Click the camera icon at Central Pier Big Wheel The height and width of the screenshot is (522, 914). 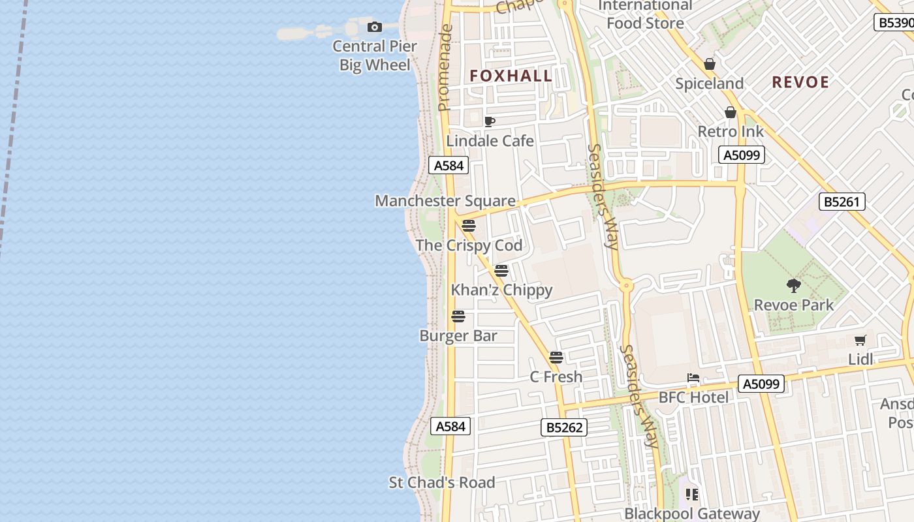tap(375, 27)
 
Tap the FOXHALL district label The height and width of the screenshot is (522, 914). tap(511, 76)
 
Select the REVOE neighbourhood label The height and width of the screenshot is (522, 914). tap(800, 82)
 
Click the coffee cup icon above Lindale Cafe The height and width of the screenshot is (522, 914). tap(489, 121)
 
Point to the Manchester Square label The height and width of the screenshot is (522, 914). tap(445, 201)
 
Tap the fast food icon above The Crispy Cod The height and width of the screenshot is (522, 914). tap(468, 226)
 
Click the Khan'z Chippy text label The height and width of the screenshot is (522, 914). tap(501, 290)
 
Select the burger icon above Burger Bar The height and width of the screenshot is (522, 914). tap(458, 316)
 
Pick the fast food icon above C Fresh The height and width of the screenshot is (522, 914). tap(556, 357)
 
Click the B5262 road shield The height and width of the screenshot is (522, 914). tap(564, 427)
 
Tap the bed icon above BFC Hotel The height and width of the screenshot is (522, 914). tap(693, 378)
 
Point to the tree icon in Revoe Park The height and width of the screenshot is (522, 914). tap(794, 285)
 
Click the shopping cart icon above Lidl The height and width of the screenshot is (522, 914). tap(860, 340)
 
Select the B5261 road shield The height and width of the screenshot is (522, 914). tap(842, 202)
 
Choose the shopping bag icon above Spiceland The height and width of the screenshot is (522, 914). tap(710, 64)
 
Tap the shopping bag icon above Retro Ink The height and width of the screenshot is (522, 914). tap(731, 112)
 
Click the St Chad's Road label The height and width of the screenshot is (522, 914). tap(442, 483)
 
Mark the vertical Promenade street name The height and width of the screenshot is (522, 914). tap(445, 68)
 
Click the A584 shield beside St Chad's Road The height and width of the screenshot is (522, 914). tap(450, 426)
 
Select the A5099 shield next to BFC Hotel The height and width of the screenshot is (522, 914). tap(761, 384)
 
